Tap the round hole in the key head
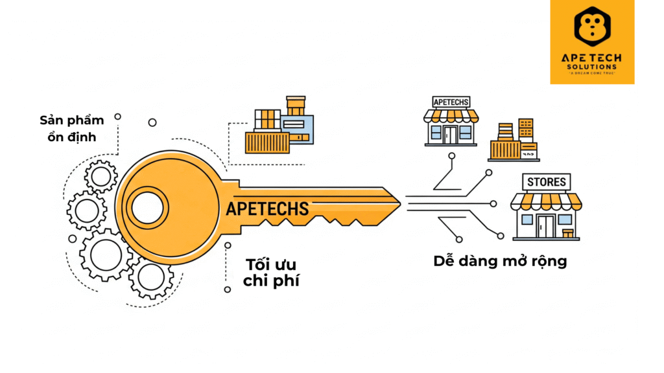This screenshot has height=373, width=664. [x=147, y=207]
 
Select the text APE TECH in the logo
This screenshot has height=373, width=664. [x=591, y=58]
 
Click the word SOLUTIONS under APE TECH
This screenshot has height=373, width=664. [x=591, y=67]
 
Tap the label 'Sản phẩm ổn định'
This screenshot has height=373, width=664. [x=68, y=128]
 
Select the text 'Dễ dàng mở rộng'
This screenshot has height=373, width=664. [x=500, y=261]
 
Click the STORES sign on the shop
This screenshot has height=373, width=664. [x=546, y=182]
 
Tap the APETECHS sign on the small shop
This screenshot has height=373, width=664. [x=451, y=102]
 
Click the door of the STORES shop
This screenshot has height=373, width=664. [x=546, y=226]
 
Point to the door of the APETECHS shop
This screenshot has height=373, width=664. [x=451, y=134]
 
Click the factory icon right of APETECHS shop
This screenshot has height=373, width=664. [x=514, y=141]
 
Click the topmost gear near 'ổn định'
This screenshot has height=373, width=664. [x=101, y=175]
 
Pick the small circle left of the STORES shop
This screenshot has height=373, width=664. [x=493, y=203]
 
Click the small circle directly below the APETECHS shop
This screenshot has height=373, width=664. [x=451, y=155]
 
